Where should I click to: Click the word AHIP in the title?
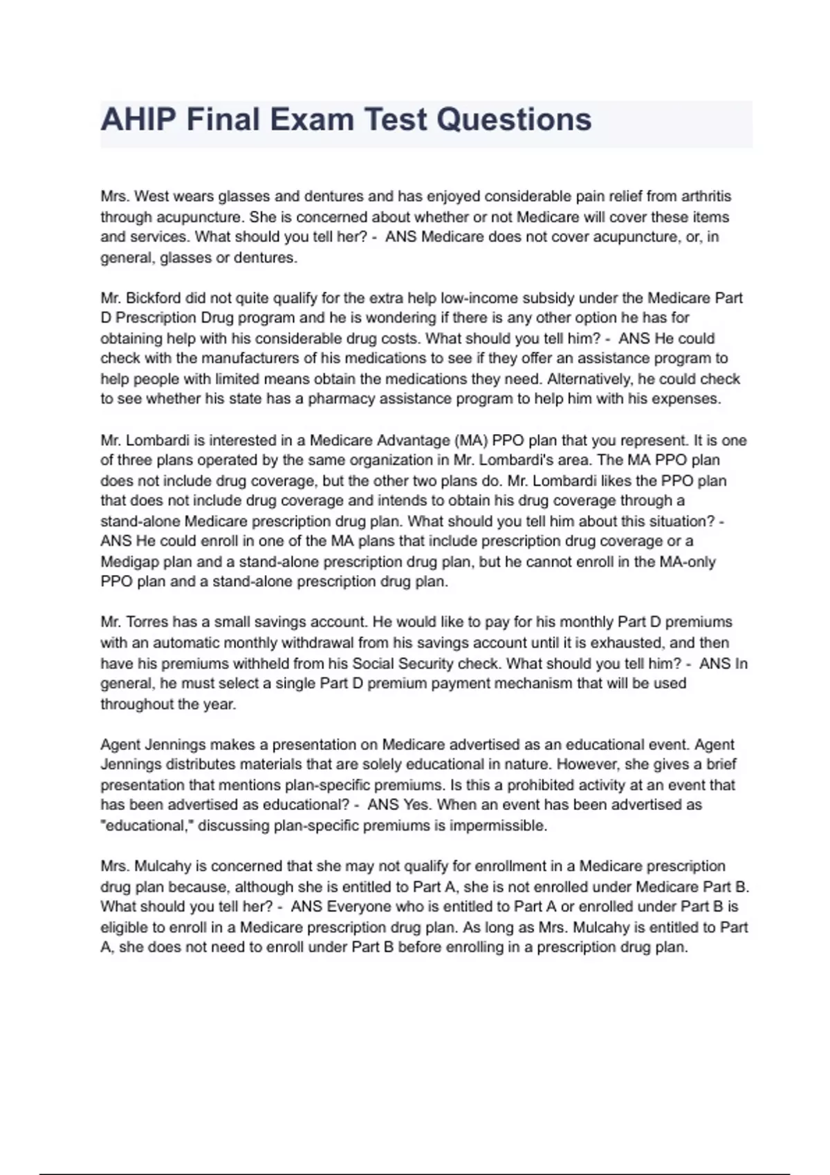pos(138,120)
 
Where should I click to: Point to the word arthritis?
pos(706,196)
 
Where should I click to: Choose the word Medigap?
pos(129,561)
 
